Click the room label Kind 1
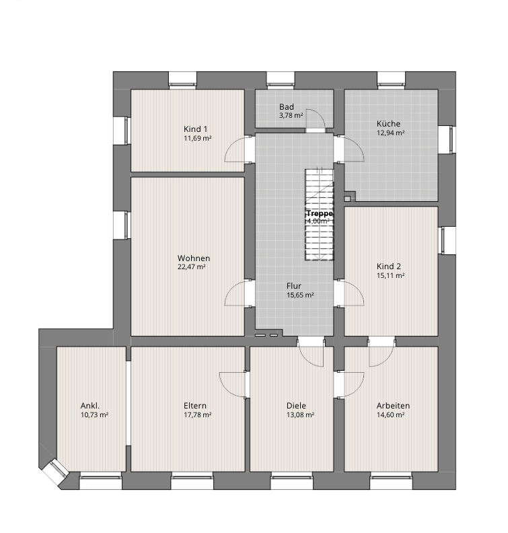(195, 129)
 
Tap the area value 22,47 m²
(191, 267)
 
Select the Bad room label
(287, 107)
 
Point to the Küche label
(388, 124)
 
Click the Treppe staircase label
(320, 213)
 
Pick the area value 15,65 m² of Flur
(300, 295)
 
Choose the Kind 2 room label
(389, 266)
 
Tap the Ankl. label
(90, 406)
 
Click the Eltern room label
(195, 406)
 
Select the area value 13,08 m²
(300, 415)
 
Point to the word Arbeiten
(393, 406)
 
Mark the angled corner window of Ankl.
(55, 471)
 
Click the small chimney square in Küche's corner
(347, 198)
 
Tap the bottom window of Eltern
(192, 481)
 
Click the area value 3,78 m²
(291, 116)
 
